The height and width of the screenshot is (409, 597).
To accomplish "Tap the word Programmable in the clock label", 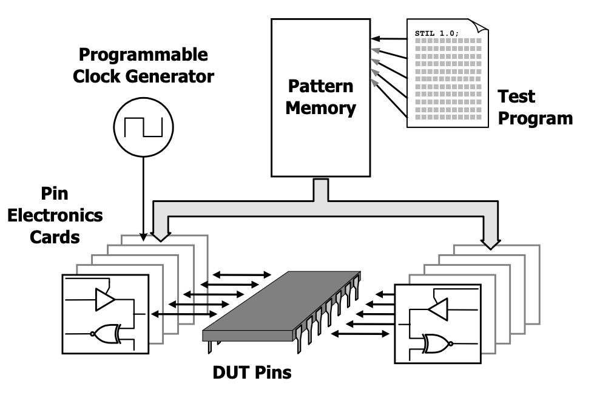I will click(143, 55).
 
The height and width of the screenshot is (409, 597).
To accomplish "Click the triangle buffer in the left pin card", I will click(105, 298).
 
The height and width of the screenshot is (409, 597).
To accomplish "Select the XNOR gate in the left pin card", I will click(105, 333).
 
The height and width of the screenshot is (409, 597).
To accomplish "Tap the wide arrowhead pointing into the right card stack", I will click(490, 243).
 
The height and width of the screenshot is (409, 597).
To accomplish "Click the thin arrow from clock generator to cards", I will click(143, 194).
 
